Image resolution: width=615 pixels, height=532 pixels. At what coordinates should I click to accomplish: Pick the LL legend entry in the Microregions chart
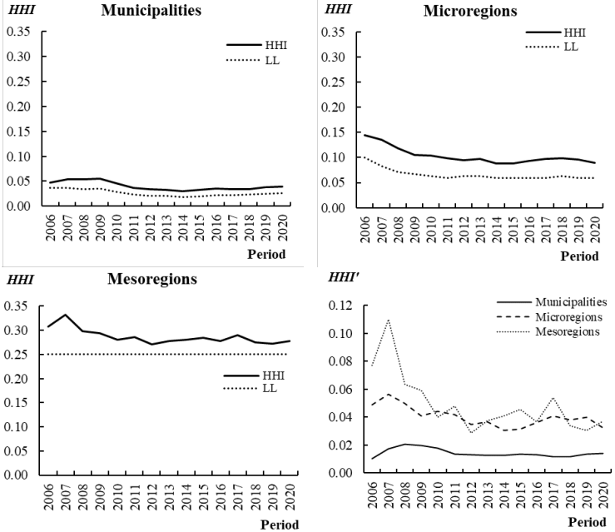(569, 47)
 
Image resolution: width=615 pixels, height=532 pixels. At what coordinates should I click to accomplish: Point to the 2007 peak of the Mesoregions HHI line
(65, 315)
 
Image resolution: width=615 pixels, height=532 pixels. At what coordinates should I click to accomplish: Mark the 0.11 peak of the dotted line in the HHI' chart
(387, 320)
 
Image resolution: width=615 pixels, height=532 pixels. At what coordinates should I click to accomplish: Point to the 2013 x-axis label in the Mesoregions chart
(170, 495)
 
